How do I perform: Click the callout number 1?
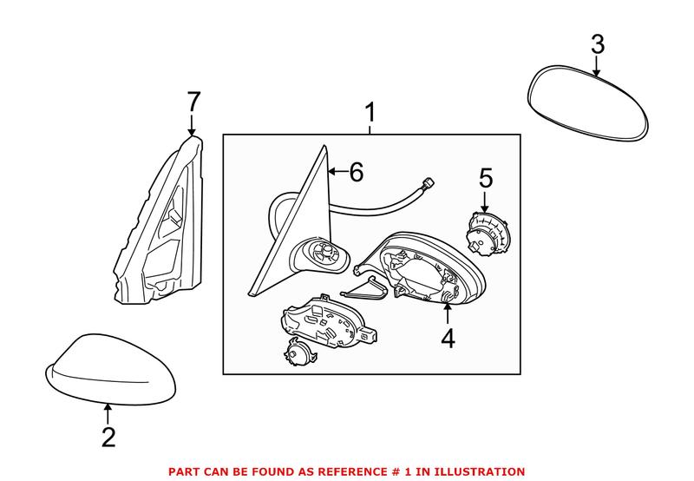(x=370, y=113)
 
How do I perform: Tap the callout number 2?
(x=108, y=437)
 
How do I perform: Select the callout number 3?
(x=598, y=43)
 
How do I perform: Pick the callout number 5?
(x=485, y=179)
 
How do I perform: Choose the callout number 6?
(x=356, y=172)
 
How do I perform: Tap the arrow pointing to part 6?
(x=335, y=172)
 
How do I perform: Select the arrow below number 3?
(x=598, y=65)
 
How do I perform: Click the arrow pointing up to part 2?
(x=108, y=413)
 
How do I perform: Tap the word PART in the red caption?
(x=184, y=471)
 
